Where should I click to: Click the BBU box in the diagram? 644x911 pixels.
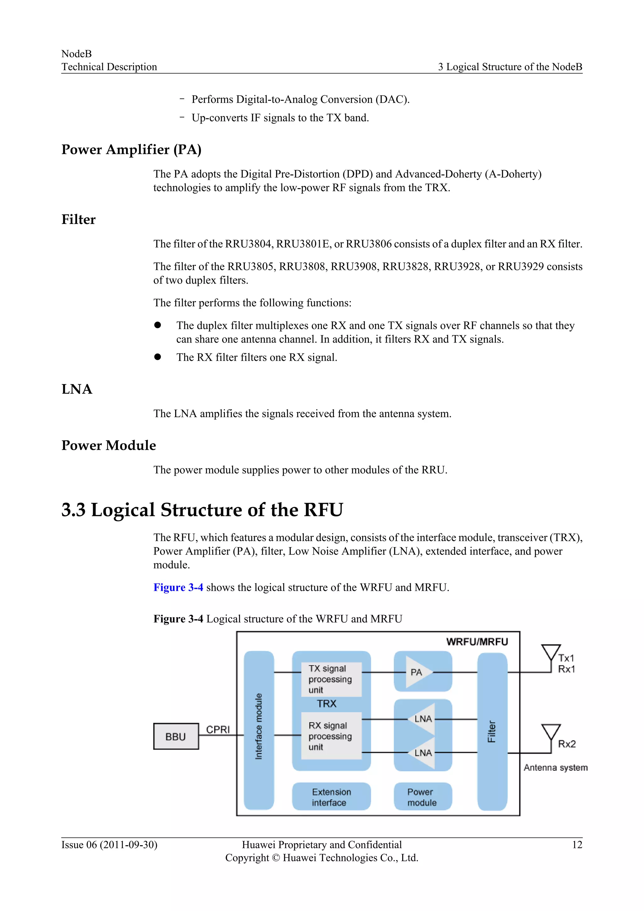point(176,736)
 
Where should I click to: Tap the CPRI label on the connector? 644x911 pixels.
point(218,729)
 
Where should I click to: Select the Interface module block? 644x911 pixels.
point(258,730)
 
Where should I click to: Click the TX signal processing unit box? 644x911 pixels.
point(331,679)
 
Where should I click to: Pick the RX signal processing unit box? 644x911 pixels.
point(331,736)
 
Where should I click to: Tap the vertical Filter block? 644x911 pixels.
point(492,731)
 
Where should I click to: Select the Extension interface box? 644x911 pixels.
point(331,797)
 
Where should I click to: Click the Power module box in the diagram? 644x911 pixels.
point(422,797)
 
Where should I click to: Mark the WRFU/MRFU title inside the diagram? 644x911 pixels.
point(477,642)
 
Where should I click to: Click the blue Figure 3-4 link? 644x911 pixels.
point(178,587)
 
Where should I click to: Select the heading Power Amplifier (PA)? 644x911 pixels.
point(131,150)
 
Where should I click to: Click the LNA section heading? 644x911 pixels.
point(77,389)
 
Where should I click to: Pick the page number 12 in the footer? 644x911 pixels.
point(577,844)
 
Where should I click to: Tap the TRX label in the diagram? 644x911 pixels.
point(326,703)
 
